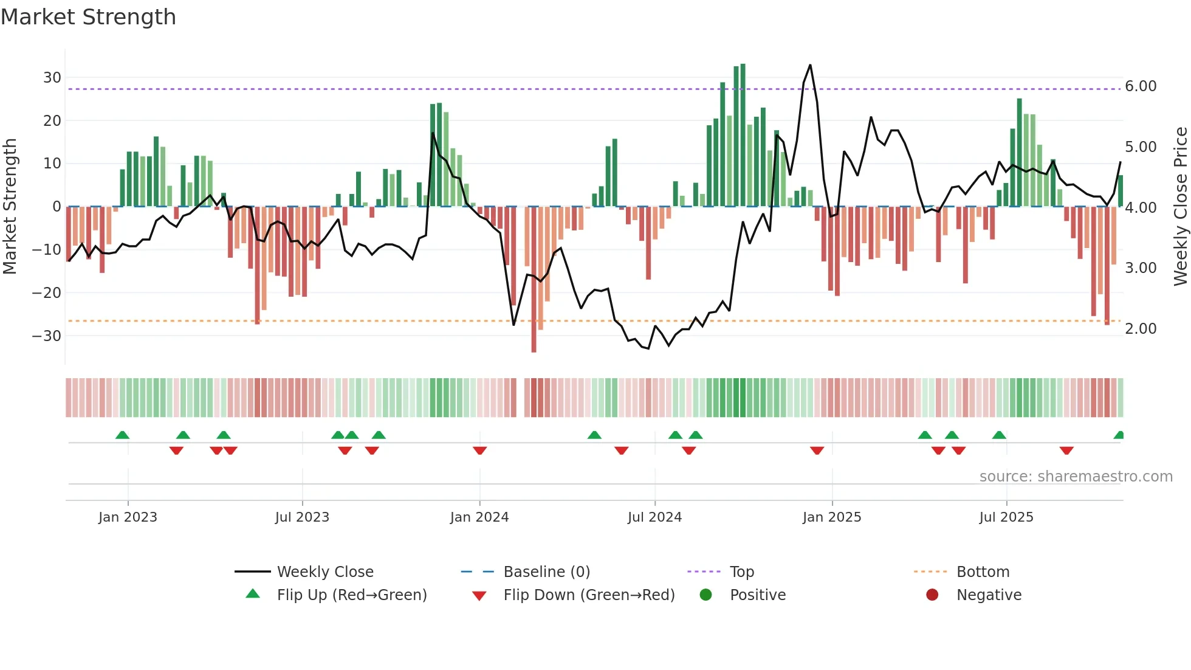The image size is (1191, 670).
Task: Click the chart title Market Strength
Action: point(88,17)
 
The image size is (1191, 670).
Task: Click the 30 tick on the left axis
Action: point(52,78)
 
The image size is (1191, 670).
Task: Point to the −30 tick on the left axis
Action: point(47,336)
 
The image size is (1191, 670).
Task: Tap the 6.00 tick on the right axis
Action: point(1141,86)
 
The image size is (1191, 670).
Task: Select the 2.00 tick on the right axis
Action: point(1141,329)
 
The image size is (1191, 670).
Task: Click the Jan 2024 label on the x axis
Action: point(479,517)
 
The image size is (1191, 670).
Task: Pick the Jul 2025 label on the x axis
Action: point(1006,517)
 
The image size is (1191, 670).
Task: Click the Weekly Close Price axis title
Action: point(1180,207)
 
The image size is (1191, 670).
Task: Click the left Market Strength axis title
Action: point(10,207)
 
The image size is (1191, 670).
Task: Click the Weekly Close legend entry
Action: point(325,572)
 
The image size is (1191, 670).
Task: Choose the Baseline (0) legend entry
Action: point(546,572)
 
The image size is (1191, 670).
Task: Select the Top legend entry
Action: point(741,572)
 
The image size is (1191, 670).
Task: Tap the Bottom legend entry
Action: point(983,572)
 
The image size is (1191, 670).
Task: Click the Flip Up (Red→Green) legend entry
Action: point(351,595)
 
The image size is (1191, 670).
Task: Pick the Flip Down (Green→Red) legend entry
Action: point(588,595)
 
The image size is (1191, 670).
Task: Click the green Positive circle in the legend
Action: point(705,595)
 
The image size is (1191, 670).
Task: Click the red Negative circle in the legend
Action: point(932,595)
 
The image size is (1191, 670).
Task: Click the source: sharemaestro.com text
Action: point(1076,477)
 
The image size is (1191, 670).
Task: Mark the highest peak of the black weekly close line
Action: point(810,65)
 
